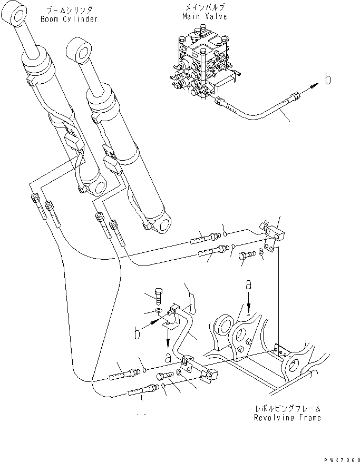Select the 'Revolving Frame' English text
[x=287, y=418]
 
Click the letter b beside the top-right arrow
[x=328, y=80]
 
